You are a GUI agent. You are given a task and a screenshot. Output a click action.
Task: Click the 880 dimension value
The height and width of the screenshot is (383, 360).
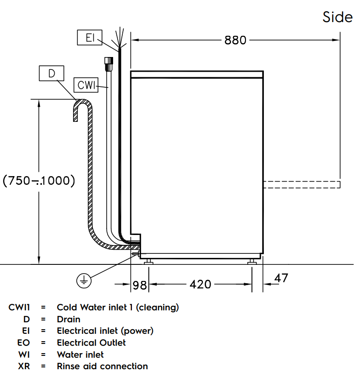coord(235,40)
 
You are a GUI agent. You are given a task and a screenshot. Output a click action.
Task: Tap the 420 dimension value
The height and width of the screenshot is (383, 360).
coord(200,285)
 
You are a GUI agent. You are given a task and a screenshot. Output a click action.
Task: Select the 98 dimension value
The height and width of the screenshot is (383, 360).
coord(139,285)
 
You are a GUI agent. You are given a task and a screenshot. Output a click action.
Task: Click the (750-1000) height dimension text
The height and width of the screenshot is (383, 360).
coord(39,181)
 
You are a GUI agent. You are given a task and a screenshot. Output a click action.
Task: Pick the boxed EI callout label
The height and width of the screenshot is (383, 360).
coord(90,37)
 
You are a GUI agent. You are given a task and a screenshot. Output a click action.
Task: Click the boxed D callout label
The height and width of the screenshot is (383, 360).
coord(51,73)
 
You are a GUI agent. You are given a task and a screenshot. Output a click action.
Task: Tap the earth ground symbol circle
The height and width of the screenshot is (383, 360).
coord(84,280)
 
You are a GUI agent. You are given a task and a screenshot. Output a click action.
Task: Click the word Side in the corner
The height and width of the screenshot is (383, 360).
coord(337,17)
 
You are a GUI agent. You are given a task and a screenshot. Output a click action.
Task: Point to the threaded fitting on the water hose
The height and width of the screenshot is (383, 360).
coord(109,62)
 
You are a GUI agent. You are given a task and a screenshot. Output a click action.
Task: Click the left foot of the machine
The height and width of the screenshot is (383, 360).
coord(148,262)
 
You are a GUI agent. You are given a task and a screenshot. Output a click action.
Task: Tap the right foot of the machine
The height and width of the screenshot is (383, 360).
coord(252,262)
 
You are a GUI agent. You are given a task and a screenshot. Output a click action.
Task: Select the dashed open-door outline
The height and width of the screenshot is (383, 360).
coord(302,184)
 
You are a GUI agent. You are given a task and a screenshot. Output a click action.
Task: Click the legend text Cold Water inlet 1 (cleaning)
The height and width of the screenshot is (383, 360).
coord(118,307)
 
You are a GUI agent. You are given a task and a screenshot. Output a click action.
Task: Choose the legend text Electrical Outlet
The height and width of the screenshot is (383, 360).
coord(91,343)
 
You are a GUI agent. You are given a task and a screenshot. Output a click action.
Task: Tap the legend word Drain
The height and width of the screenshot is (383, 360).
coord(69,319)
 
